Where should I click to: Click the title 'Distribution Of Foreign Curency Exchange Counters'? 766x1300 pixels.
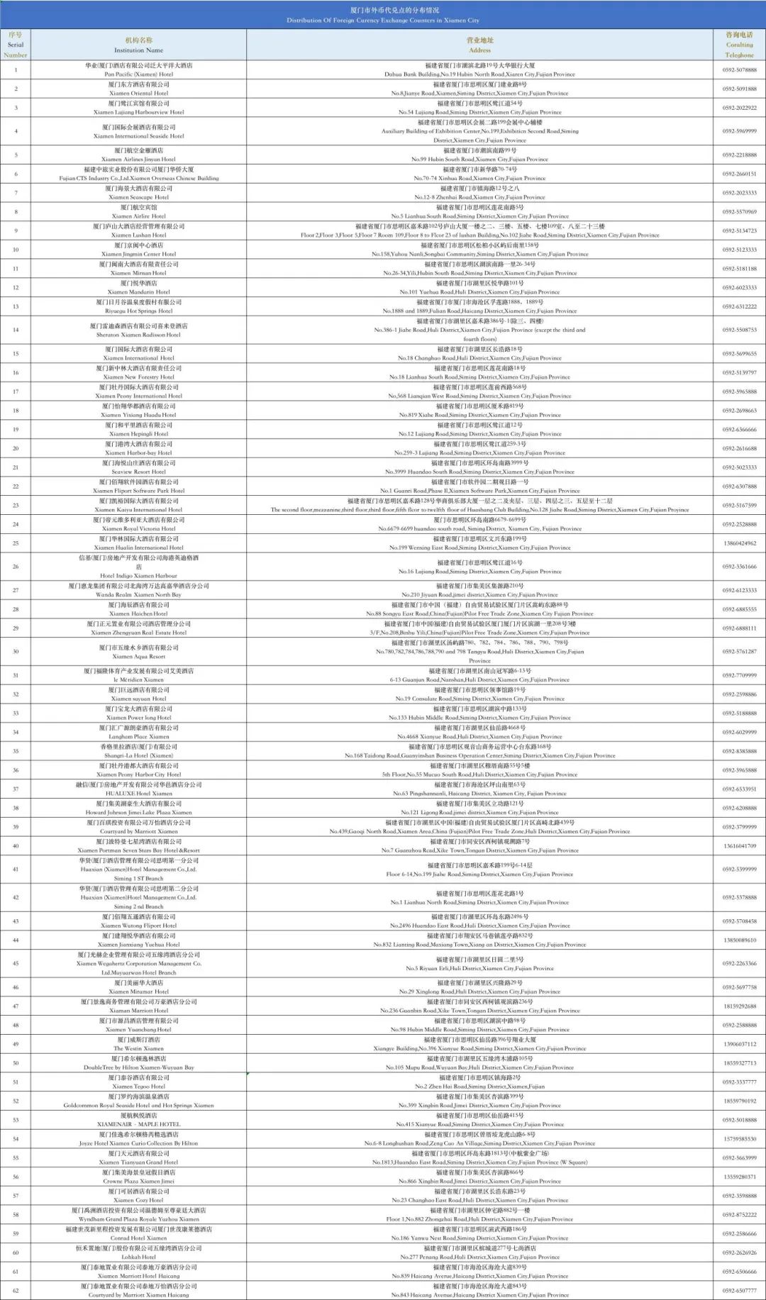coord(383,20)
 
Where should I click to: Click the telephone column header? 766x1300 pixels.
coord(739,45)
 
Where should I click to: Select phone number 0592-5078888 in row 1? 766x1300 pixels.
coord(739,70)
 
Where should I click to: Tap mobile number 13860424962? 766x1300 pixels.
coord(739,543)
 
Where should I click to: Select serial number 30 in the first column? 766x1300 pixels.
coord(16,651)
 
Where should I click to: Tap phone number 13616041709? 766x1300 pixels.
coord(739,846)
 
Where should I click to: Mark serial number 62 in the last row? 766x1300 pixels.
coord(16,1291)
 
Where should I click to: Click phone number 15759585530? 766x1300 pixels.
coord(739,1139)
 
